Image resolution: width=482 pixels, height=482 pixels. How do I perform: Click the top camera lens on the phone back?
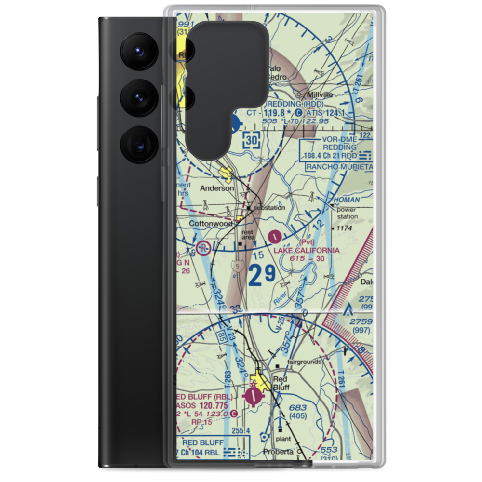coord(139,50)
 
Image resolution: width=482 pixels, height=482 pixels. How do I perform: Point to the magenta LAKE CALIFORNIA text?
coord(307,251)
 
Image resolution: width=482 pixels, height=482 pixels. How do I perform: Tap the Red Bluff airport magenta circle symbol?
coord(254,396)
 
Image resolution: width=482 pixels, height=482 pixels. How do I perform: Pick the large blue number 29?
coord(263,276)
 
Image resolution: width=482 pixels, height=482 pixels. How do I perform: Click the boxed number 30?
coord(253,140)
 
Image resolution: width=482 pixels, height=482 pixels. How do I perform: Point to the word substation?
coord(269,208)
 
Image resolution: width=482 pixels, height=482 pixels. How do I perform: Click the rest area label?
coord(248,234)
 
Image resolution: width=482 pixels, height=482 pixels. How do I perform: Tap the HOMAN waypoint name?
coord(347,200)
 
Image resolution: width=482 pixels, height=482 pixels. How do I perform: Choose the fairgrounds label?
coord(304,361)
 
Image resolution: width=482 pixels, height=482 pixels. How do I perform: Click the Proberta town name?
coord(279,452)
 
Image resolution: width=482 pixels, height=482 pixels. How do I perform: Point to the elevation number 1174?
coord(344,228)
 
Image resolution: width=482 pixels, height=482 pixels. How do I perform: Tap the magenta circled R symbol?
coord(204,248)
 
